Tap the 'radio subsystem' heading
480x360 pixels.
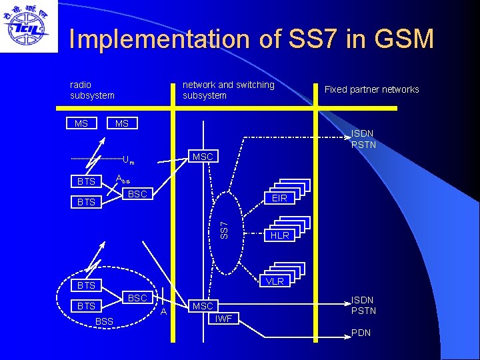coord(92,90)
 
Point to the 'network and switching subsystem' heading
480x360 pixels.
coord(228,90)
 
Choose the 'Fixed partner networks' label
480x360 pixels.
coord(371,89)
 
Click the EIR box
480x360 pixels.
coord(279,198)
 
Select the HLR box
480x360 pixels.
coord(279,235)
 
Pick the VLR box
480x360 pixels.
coord(275,281)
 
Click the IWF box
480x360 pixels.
coord(223,319)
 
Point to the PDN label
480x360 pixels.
coord(361,332)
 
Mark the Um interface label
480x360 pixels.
coord(128,160)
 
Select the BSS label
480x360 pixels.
coord(105,322)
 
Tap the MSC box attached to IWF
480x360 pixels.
coord(203,306)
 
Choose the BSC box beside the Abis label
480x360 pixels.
coord(137,194)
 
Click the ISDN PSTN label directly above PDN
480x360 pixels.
coord(363,305)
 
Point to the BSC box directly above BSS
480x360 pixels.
coord(137,298)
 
